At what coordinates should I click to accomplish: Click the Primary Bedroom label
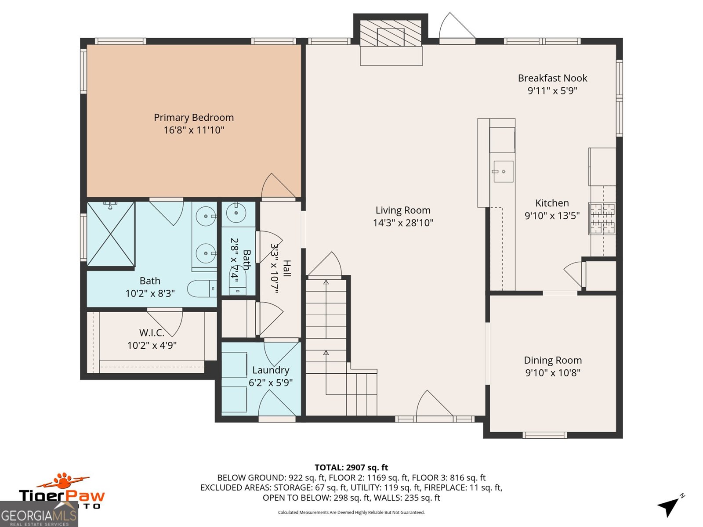pyautogui.click(x=194, y=117)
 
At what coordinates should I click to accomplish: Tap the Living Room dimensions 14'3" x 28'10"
pyautogui.click(x=403, y=223)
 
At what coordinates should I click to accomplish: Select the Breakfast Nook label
pyautogui.click(x=552, y=78)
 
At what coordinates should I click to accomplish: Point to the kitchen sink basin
pyautogui.click(x=503, y=172)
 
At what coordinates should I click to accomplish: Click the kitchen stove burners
pyautogui.click(x=602, y=218)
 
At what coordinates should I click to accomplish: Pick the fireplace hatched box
pyautogui.click(x=391, y=33)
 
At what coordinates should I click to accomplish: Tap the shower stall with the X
pyautogui.click(x=111, y=234)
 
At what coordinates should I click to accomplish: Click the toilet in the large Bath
pyautogui.click(x=202, y=289)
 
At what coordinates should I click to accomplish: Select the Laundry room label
pyautogui.click(x=271, y=370)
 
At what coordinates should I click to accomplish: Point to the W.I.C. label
pyautogui.click(x=152, y=333)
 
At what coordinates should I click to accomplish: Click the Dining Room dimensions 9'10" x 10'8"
pyautogui.click(x=553, y=373)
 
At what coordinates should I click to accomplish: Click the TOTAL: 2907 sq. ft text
pyautogui.click(x=351, y=467)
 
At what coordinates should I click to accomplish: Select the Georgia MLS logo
pyautogui.click(x=39, y=514)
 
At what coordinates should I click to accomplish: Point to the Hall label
pyautogui.click(x=287, y=268)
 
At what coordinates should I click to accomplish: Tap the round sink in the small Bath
pyautogui.click(x=236, y=213)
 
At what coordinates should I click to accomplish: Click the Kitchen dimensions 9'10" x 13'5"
pyautogui.click(x=552, y=216)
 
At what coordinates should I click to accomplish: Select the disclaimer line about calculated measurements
pyautogui.click(x=351, y=512)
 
